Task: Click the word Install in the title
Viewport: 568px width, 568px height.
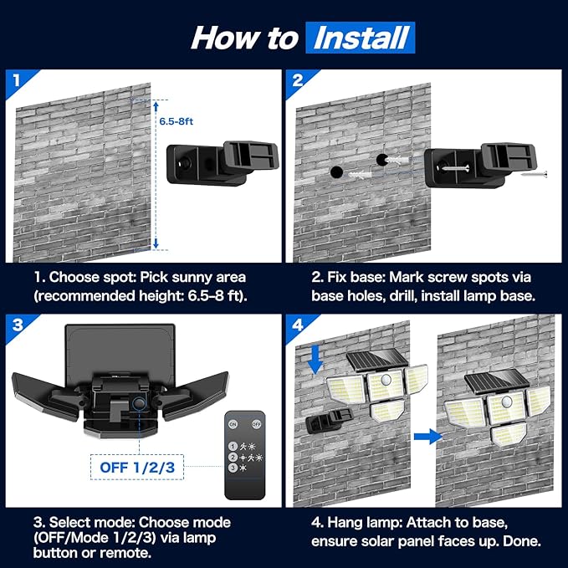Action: (x=360, y=38)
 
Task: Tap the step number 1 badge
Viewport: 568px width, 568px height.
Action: (x=14, y=80)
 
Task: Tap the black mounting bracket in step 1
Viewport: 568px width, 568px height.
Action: (x=222, y=163)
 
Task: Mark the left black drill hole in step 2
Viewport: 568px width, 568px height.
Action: (x=336, y=171)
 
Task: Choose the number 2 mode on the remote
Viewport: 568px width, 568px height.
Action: (x=233, y=458)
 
